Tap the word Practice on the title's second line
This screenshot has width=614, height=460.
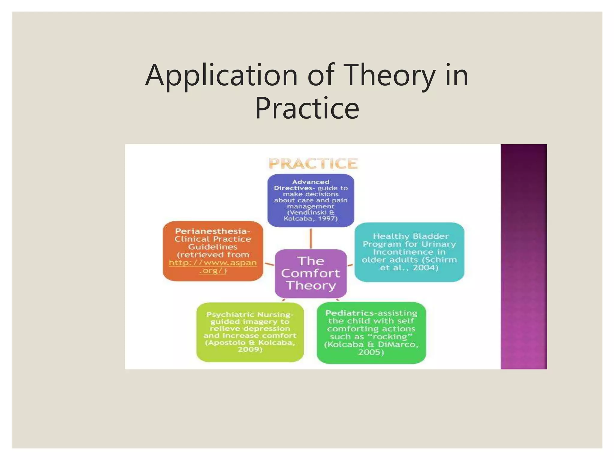(307, 108)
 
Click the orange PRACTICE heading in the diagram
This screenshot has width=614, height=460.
(313, 164)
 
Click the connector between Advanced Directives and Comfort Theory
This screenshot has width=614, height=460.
(311, 238)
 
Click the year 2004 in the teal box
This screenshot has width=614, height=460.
(425, 268)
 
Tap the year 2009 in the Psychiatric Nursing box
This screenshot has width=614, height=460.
(250, 349)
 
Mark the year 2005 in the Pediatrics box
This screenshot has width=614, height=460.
(371, 352)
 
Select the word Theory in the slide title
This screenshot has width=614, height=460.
(390, 75)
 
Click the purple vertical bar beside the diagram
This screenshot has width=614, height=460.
(523, 256)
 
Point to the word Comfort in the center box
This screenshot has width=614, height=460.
(311, 273)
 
